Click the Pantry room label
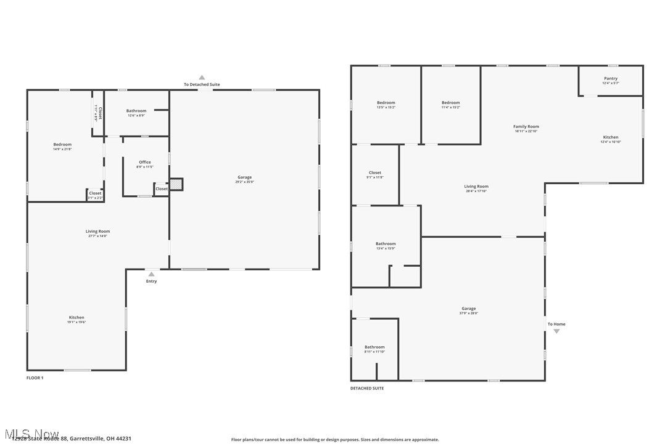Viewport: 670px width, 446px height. click(x=611, y=78)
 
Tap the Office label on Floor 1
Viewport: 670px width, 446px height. click(x=144, y=162)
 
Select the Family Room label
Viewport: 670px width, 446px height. click(x=526, y=126)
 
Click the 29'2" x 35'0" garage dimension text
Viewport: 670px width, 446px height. click(x=244, y=182)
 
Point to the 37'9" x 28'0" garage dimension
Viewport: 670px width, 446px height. click(x=468, y=313)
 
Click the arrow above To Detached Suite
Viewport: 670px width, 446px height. click(x=202, y=78)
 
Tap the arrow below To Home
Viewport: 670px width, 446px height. click(x=556, y=331)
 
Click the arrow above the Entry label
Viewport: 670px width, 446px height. click(x=151, y=274)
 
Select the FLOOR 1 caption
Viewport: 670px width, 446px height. click(x=35, y=378)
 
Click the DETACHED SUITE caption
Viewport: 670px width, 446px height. click(x=367, y=388)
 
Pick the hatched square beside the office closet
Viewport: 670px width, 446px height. click(x=176, y=184)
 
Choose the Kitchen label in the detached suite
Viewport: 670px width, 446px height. click(x=611, y=137)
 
